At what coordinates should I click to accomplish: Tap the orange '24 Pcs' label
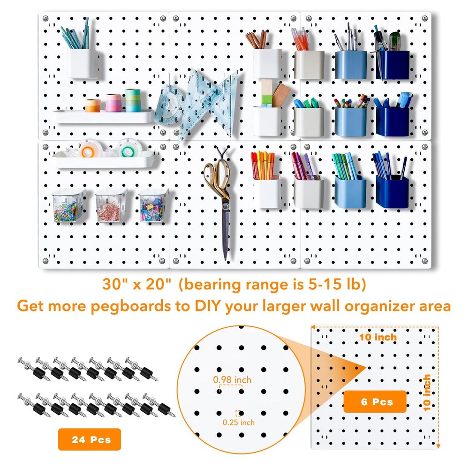click(x=89, y=439)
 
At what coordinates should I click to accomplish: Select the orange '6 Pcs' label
click(x=375, y=402)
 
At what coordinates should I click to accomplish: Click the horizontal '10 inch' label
click(x=378, y=337)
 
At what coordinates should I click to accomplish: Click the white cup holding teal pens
click(x=82, y=63)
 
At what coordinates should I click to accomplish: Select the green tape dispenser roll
click(x=127, y=150)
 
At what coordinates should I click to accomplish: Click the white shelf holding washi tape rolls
click(x=103, y=116)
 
